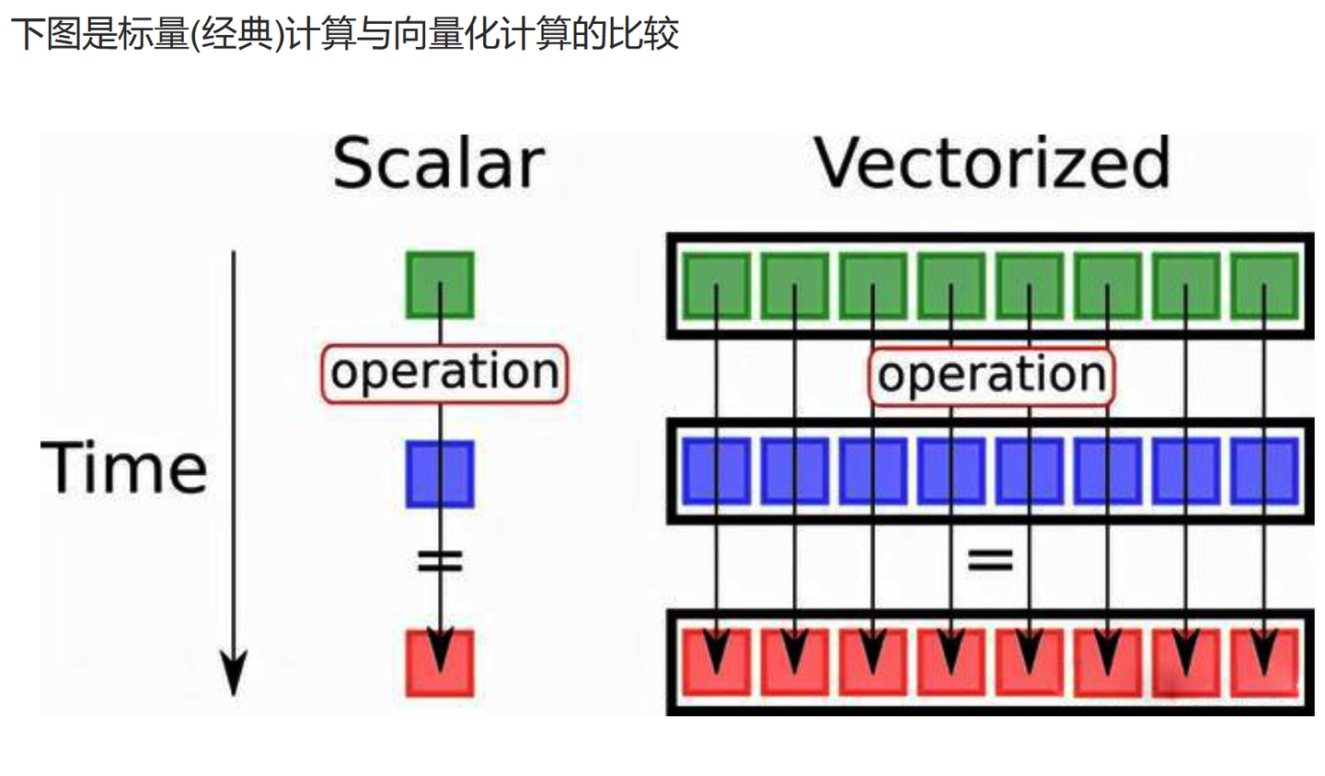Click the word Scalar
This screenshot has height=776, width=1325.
(438, 165)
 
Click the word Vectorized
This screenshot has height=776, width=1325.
(992, 163)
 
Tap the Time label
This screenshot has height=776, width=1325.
(123, 469)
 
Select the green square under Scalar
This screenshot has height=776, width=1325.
(440, 285)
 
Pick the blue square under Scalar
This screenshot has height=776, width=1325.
(440, 474)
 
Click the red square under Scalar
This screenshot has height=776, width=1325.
(440, 663)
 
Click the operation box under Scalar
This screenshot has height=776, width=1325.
(444, 373)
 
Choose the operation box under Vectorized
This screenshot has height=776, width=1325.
(991, 376)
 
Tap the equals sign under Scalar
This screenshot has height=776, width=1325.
(440, 560)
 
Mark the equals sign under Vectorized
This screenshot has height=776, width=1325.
(990, 559)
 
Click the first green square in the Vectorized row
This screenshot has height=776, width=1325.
(716, 286)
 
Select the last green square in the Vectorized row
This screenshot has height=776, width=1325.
(1264, 286)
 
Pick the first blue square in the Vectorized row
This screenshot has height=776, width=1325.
(716, 471)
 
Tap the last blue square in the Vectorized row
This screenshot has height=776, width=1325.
(1264, 471)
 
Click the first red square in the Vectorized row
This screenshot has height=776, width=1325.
(716, 662)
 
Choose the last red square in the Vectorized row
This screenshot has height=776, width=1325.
(1264, 662)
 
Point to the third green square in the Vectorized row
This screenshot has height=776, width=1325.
(872, 286)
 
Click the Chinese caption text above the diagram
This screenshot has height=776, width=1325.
(344, 34)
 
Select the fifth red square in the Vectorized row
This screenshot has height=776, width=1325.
(1029, 662)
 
